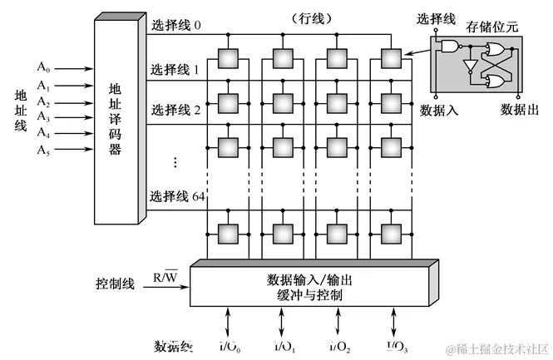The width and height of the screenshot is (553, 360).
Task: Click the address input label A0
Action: (43, 64)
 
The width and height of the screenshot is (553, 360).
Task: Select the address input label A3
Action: (43, 119)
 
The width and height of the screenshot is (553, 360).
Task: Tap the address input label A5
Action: (43, 150)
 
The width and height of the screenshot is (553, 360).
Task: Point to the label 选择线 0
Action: (176, 25)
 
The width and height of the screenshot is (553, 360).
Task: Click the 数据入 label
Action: (440, 109)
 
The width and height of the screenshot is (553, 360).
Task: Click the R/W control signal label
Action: (165, 276)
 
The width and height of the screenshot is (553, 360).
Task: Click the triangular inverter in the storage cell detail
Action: (469, 65)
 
